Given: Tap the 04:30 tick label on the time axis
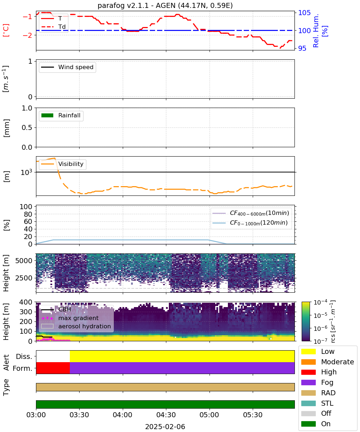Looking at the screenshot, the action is click(x=166, y=415).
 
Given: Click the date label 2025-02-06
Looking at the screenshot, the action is click(x=165, y=427).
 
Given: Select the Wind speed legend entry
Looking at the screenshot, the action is click(x=67, y=67).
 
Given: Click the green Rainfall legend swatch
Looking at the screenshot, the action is click(x=47, y=115).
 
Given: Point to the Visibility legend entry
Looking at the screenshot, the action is click(x=62, y=164).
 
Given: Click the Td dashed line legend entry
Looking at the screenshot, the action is click(x=53, y=27).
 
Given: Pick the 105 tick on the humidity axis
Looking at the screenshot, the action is click(x=304, y=13).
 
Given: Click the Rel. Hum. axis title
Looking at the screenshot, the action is click(x=316, y=31).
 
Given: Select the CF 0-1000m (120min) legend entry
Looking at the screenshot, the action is click(x=250, y=223).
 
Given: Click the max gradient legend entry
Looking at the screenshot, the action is click(x=70, y=318).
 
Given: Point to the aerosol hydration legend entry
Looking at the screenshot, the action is click(x=76, y=326).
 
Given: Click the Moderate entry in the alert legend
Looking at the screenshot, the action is click(x=328, y=362).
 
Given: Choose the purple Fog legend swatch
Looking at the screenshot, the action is click(x=308, y=382).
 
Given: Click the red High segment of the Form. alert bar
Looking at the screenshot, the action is click(x=53, y=368).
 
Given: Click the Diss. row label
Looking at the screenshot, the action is click(x=24, y=356).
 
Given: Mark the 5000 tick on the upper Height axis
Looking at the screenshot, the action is click(x=24, y=261).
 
